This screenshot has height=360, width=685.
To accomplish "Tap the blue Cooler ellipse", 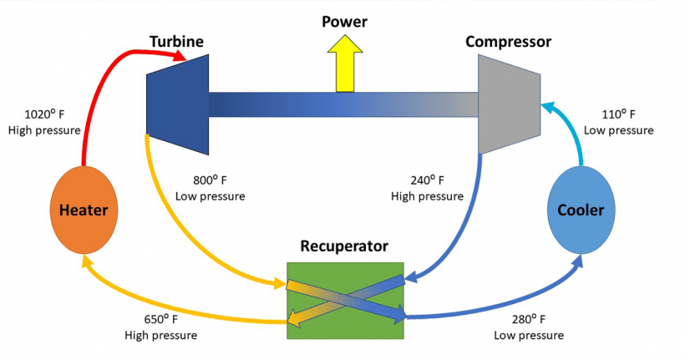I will [x=580, y=210].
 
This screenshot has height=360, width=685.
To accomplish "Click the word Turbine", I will [x=176, y=41].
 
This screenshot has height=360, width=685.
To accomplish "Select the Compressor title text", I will [x=508, y=41].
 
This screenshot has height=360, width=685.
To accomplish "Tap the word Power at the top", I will [x=344, y=21].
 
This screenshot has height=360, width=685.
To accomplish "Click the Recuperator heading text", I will [x=344, y=246].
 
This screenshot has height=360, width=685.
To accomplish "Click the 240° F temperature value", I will [x=427, y=180].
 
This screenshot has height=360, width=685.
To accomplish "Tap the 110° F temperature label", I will [x=618, y=114].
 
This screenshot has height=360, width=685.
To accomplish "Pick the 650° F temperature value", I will [x=161, y=319].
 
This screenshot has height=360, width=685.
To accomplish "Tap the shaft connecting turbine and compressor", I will [x=342, y=104].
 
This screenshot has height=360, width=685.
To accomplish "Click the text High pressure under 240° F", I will [x=427, y=196].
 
